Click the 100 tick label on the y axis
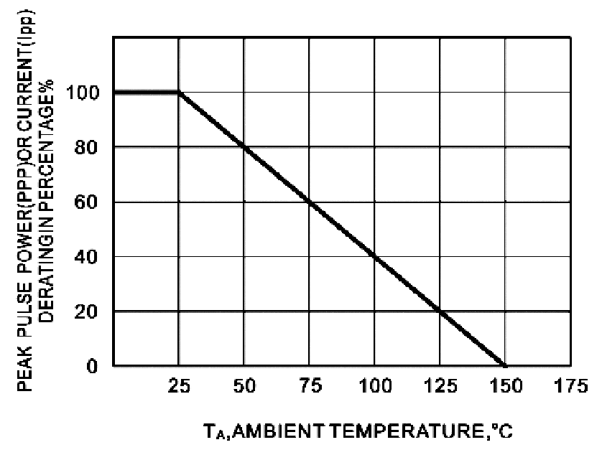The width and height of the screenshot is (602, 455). pyautogui.click(x=83, y=93)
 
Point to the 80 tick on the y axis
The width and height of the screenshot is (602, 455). pyautogui.click(x=86, y=147)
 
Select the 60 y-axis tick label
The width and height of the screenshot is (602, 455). pyautogui.click(x=86, y=202)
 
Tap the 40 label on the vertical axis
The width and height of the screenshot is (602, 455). pyautogui.click(x=86, y=257)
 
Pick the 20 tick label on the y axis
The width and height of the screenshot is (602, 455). pyautogui.click(x=86, y=311)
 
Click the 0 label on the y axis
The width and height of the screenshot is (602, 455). pyautogui.click(x=92, y=366)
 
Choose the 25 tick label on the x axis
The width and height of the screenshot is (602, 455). pyautogui.click(x=179, y=385)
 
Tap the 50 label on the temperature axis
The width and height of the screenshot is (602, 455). pyautogui.click(x=244, y=385)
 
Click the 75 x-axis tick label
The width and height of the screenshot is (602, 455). pyautogui.click(x=310, y=385)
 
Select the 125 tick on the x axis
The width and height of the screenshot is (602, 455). pyautogui.click(x=440, y=385)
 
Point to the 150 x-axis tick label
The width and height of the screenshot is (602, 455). pyautogui.click(x=506, y=385)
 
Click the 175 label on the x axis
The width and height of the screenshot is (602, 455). pyautogui.click(x=571, y=385)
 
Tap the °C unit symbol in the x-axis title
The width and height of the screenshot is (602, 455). pyautogui.click(x=502, y=431)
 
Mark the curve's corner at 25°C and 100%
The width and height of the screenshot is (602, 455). pyautogui.click(x=179, y=93)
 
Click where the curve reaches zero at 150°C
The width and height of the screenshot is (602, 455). pyautogui.click(x=504, y=365)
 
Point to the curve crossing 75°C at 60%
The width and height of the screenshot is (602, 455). pyautogui.click(x=310, y=202)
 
